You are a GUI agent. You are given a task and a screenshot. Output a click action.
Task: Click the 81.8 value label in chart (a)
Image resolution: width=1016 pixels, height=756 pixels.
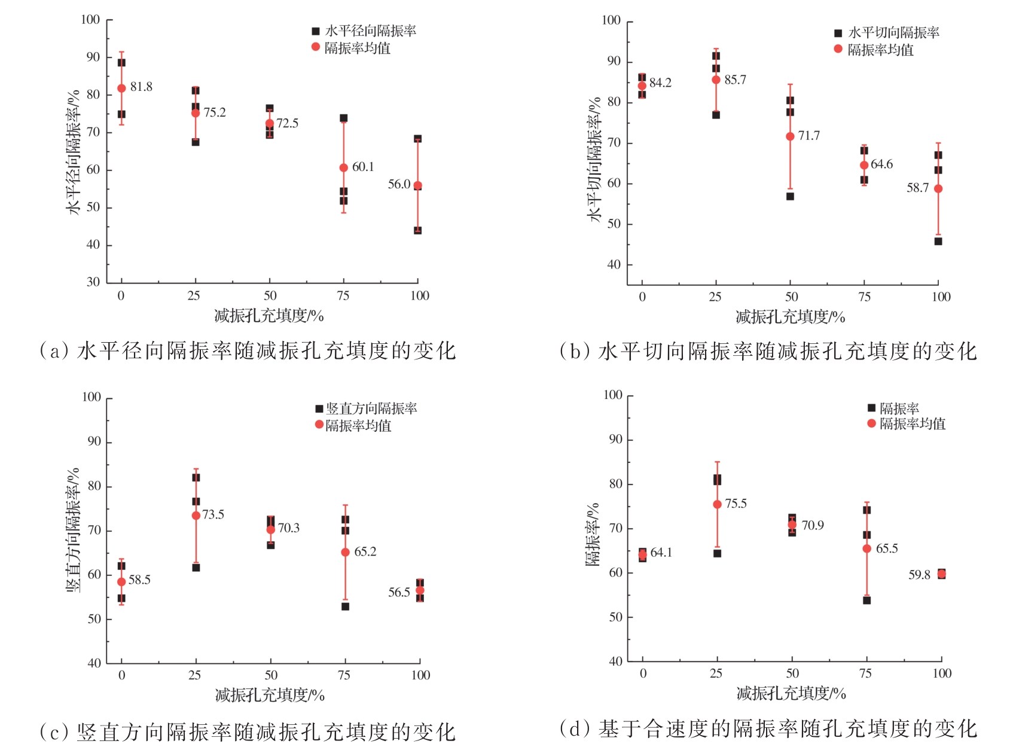[141, 87]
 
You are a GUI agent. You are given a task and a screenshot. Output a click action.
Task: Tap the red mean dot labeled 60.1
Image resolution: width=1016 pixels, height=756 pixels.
[343, 168]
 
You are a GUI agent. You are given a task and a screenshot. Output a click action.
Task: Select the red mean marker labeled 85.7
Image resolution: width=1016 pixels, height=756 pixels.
[716, 80]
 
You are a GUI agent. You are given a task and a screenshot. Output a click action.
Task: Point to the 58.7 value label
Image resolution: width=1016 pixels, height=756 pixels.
[917, 188]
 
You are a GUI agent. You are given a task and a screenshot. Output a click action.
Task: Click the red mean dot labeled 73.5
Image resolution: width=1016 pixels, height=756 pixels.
[196, 516]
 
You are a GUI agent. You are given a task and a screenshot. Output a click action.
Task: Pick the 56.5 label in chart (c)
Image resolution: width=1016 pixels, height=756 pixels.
[399, 593]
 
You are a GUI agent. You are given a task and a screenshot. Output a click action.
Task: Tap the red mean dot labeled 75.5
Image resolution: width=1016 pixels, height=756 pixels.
[717, 504]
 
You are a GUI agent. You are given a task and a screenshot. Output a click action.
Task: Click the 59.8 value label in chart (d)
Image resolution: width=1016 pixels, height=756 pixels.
[919, 575]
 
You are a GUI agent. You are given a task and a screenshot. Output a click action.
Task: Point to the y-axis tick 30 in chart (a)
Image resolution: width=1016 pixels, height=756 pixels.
[93, 282]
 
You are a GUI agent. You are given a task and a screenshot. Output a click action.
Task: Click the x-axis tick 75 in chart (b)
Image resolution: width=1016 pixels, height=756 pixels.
[864, 297]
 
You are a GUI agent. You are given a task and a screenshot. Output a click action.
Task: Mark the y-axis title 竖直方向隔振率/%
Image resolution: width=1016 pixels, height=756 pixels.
[73, 530]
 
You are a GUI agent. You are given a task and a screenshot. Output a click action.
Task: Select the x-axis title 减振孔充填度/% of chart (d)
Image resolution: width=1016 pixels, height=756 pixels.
[791, 694]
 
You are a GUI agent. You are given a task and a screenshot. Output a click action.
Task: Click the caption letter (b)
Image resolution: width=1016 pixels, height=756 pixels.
[573, 351]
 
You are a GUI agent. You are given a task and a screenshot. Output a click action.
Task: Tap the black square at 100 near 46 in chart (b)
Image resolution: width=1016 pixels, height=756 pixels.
[938, 242]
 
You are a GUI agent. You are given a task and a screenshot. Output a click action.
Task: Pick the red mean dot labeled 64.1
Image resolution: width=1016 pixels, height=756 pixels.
[642, 554]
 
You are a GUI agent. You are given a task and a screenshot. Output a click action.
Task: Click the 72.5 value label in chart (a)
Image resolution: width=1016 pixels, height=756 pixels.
[287, 123]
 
